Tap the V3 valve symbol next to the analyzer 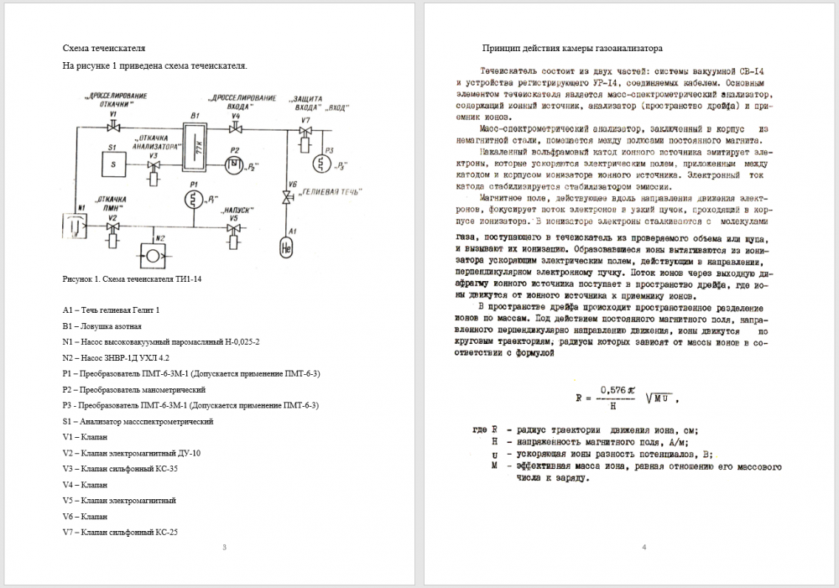pyautogui.click(x=153, y=165)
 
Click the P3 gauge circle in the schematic pyautogui.click(x=319, y=163)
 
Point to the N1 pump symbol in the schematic pyautogui.click(x=75, y=226)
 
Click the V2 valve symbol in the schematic pyautogui.click(x=112, y=227)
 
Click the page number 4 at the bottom pyautogui.click(x=644, y=548)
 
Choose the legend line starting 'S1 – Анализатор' pyautogui.click(x=138, y=421)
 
